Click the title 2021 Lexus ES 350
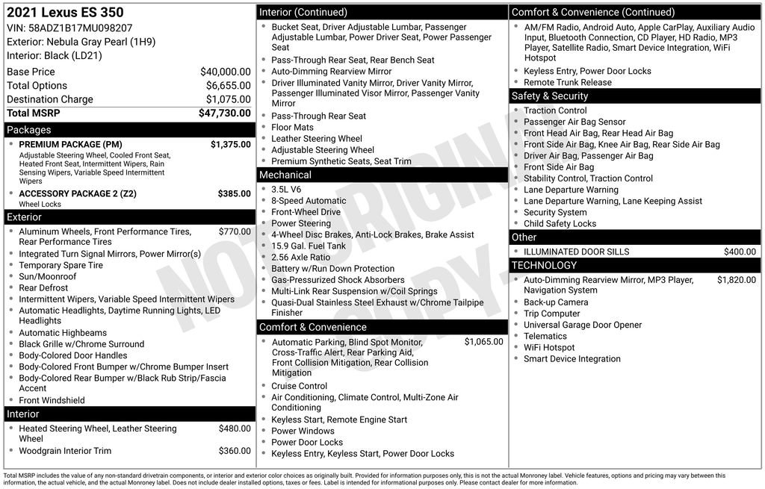pyautogui.click(x=65, y=13)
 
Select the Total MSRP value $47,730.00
pyautogui.click(x=224, y=113)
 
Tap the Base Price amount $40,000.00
pyautogui.click(x=225, y=72)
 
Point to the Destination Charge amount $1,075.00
pyautogui.click(x=228, y=99)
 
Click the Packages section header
pyautogui.click(x=29, y=130)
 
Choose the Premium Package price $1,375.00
pyautogui.click(x=230, y=144)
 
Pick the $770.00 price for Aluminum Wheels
pyautogui.click(x=235, y=231)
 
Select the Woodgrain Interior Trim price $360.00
pyautogui.click(x=235, y=451)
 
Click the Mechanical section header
pyautogui.click(x=285, y=175)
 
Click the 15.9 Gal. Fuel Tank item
pyautogui.click(x=309, y=246)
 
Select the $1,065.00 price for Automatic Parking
pyautogui.click(x=483, y=342)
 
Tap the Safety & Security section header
pyautogui.click(x=550, y=96)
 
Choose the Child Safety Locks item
pyautogui.click(x=560, y=223)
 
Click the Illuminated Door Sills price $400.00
pyautogui.click(x=740, y=252)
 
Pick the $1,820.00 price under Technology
pyautogui.click(x=736, y=280)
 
